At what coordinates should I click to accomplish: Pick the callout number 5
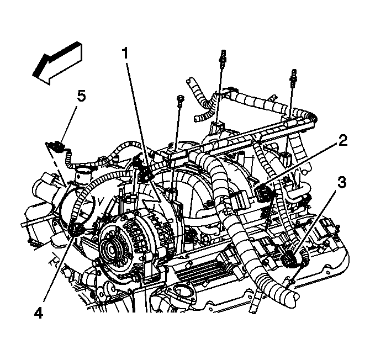81,96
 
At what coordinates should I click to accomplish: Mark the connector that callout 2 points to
263,193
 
